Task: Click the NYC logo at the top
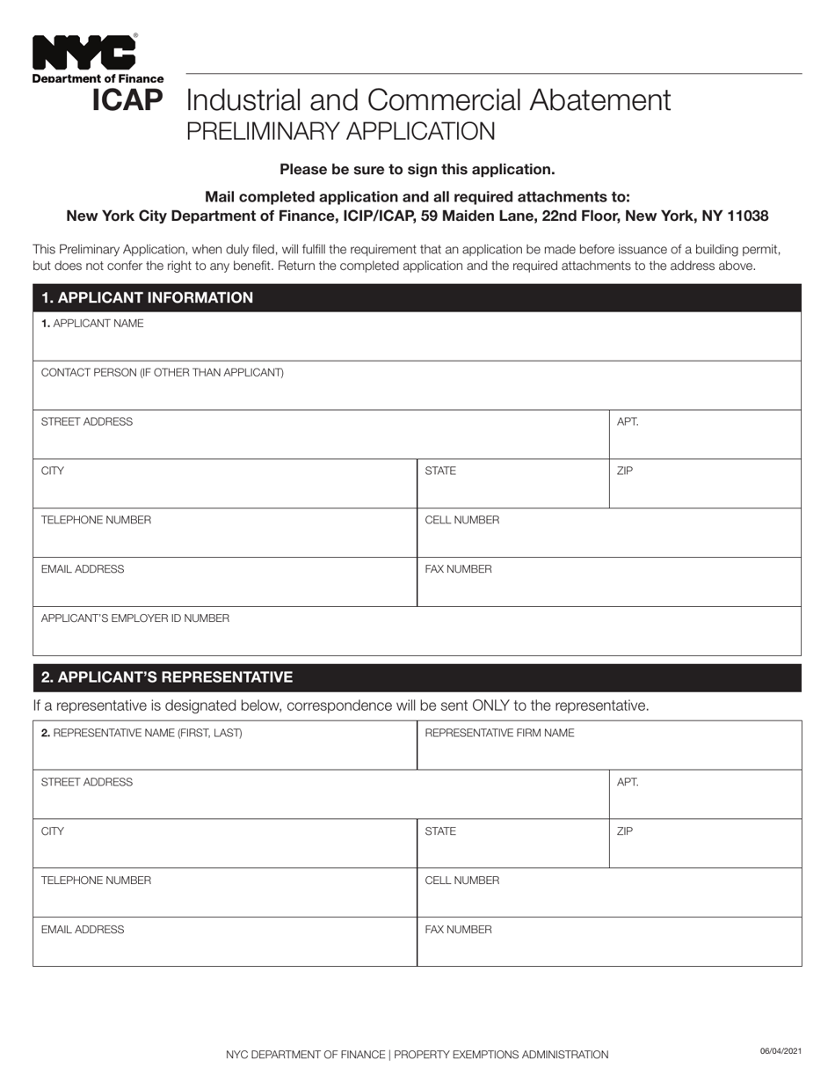[x=84, y=54]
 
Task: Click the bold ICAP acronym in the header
[x=127, y=100]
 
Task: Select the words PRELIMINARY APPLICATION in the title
[x=340, y=131]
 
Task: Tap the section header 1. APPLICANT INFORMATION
[x=147, y=297]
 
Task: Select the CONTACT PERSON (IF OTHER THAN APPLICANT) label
[x=163, y=373]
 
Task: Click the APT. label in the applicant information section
[x=628, y=422]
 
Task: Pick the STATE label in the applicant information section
[x=440, y=472]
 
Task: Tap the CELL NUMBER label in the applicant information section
[x=461, y=521]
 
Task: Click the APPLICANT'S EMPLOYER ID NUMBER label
[x=135, y=618]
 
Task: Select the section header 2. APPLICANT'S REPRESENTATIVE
[x=167, y=677]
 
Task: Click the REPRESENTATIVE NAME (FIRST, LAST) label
[x=142, y=733]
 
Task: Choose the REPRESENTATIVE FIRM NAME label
[x=499, y=733]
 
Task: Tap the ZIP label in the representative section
[x=625, y=831]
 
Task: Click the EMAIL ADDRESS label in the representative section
[x=83, y=930]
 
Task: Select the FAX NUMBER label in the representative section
[x=458, y=930]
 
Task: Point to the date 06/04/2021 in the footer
[x=781, y=1051]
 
